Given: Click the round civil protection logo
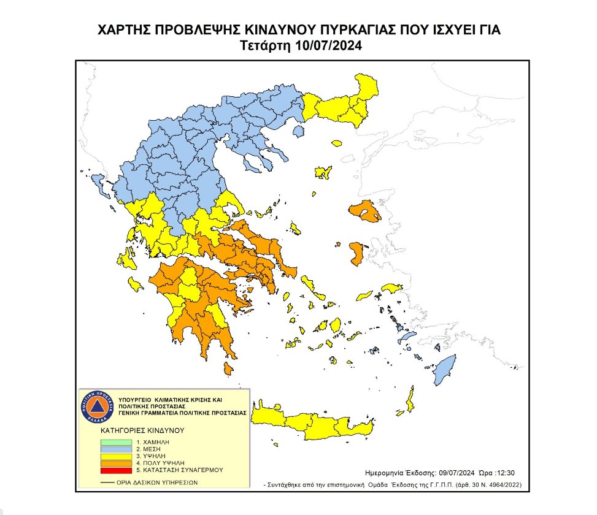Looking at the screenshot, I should pos(97,406).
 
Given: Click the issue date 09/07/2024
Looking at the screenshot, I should pos(460,473).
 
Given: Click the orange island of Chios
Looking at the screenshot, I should pos(356,253).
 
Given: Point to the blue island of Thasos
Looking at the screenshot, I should pos(298,131).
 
